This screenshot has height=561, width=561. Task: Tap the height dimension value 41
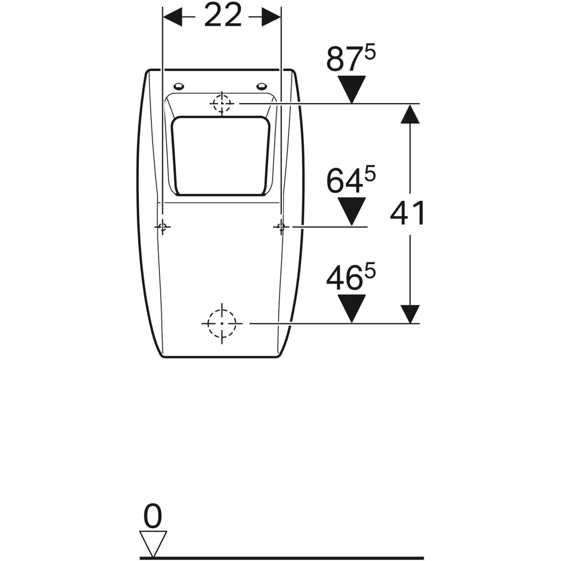(x=407, y=213)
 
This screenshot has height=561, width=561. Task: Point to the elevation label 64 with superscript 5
(x=351, y=181)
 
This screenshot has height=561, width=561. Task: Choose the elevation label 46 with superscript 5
(x=351, y=277)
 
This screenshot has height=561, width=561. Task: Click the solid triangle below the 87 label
(x=352, y=90)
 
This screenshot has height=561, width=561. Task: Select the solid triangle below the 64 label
(x=352, y=211)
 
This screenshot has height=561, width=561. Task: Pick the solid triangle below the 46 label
(x=352, y=308)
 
